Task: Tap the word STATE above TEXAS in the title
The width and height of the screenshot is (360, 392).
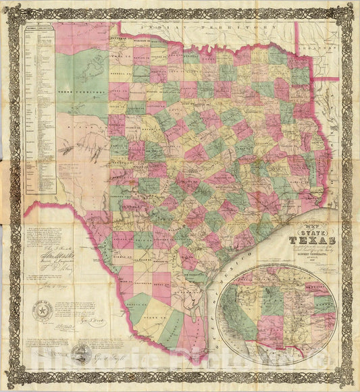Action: [x=310, y=230]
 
